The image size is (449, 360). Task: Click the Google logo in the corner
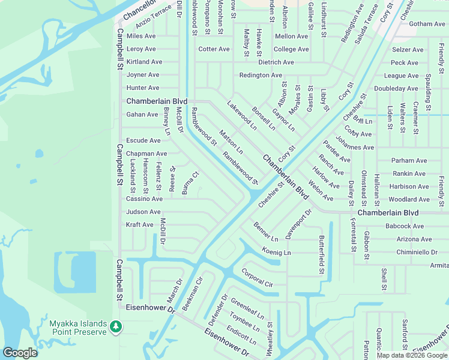click(x=20, y=353)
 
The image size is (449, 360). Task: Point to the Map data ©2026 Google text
click(x=412, y=355)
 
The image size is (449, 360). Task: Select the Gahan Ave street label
click(x=142, y=114)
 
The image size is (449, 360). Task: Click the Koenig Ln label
click(x=276, y=253)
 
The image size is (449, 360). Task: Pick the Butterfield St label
click(x=322, y=255)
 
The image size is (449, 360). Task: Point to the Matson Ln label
click(x=231, y=142)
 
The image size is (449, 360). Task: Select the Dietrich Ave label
click(x=276, y=62)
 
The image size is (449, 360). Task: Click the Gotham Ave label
click(x=427, y=24)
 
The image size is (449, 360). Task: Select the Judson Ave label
click(x=143, y=212)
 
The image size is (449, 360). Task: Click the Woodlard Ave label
click(x=409, y=199)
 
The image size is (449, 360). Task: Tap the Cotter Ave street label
click(x=214, y=49)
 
